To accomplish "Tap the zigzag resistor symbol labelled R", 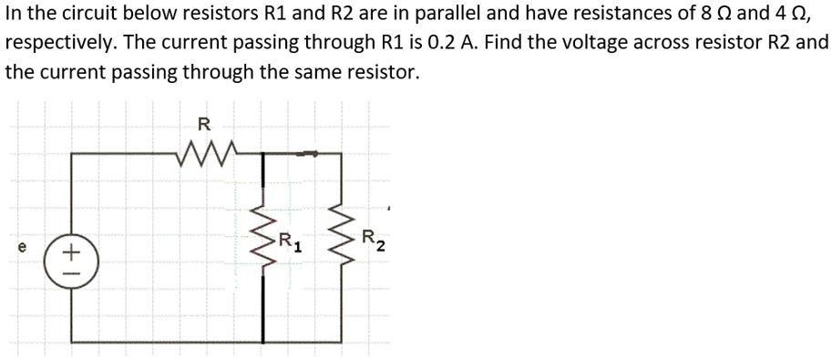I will tap(209, 149).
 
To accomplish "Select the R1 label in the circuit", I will tap(290, 244).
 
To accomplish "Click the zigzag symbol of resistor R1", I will tap(265, 243).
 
